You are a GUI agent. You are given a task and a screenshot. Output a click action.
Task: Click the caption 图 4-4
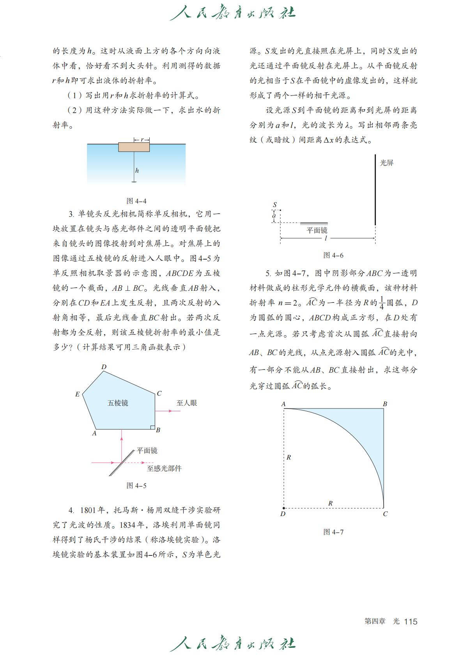[136, 201]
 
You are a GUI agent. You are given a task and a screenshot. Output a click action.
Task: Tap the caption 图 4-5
[136, 486]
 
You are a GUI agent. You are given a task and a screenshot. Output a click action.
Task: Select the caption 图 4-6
[333, 255]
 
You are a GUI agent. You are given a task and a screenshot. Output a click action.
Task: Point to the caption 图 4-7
[333, 532]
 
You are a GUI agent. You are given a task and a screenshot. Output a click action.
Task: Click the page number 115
[411, 621]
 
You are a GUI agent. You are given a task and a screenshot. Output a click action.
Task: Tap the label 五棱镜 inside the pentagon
[118, 403]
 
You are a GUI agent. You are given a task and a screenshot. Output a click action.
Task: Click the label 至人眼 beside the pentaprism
[186, 403]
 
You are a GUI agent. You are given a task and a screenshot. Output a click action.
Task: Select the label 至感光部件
[164, 469]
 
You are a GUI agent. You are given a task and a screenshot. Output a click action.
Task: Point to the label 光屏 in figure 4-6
[387, 163]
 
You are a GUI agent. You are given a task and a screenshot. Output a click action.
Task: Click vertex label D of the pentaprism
[104, 367]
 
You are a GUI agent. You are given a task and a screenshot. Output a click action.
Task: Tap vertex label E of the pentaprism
[77, 394]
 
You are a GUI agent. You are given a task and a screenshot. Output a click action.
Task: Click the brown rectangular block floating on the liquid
[134, 147]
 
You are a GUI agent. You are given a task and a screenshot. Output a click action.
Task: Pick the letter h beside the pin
[137, 170]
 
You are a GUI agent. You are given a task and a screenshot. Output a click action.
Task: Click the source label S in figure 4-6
[275, 205]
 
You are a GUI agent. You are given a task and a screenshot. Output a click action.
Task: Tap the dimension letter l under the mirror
[326, 238]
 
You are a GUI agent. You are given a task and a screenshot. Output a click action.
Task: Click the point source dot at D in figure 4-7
[283, 508]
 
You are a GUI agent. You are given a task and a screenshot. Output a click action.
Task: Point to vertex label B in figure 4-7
[385, 404]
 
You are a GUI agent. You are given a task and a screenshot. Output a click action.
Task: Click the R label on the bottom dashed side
[330, 503]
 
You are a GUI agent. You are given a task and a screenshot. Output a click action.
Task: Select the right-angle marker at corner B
[153, 427]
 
